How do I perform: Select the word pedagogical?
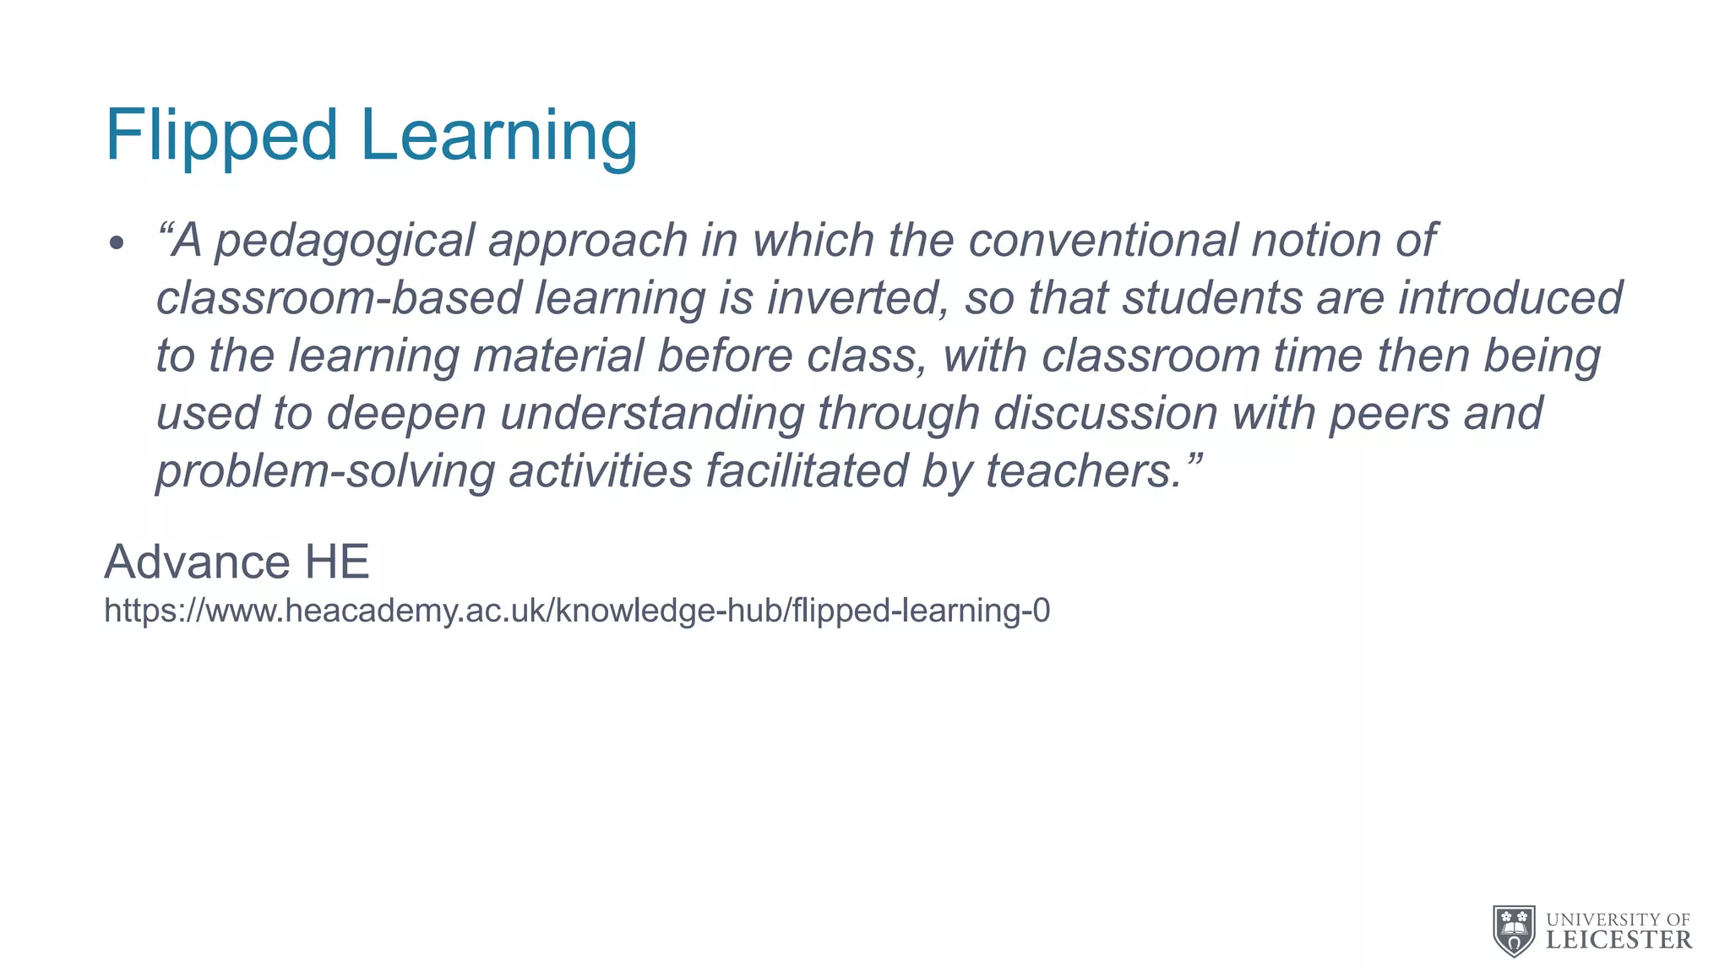pyautogui.click(x=345, y=242)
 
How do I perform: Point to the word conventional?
pyautogui.click(x=1102, y=240)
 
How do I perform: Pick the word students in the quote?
pyautogui.click(x=1211, y=298)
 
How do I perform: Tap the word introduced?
pyautogui.click(x=1510, y=298)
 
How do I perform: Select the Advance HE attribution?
pyautogui.click(x=237, y=562)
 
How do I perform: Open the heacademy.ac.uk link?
pyautogui.click(x=577, y=610)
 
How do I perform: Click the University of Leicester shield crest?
pyautogui.click(x=1514, y=930)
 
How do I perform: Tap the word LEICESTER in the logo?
pyautogui.click(x=1618, y=940)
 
